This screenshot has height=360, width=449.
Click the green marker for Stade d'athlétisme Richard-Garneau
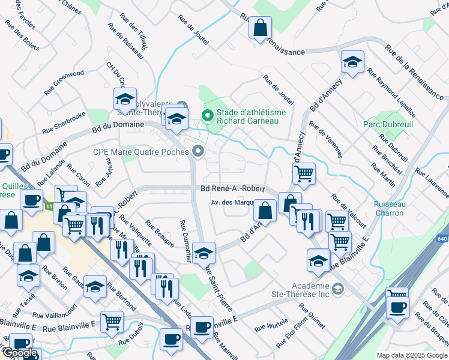[x=208, y=116]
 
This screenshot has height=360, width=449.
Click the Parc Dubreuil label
[x=386, y=124]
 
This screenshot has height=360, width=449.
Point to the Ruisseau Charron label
[x=390, y=208]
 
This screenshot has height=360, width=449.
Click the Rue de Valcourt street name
[x=348, y=210]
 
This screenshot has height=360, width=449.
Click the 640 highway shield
[x=442, y=239]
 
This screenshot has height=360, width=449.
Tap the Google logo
[x=20, y=353]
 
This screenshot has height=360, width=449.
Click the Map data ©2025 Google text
[x=411, y=355]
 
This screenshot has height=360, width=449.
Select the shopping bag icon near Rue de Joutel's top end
[x=260, y=27]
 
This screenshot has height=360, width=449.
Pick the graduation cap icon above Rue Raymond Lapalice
[x=352, y=62]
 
